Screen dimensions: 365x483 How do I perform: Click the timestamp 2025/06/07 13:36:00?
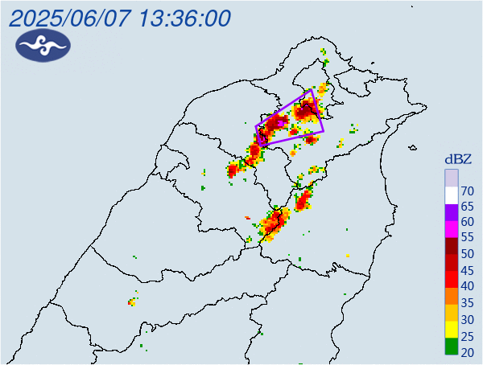[121, 18]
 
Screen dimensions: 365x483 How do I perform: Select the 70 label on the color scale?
[467, 191]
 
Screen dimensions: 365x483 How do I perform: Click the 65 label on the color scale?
[467, 207]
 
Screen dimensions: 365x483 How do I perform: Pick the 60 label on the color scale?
[467, 222]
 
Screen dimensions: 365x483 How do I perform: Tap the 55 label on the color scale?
[467, 238]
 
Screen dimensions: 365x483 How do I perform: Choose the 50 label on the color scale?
[467, 254]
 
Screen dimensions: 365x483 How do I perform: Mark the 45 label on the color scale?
[467, 270]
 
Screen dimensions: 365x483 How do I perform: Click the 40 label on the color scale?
[467, 286]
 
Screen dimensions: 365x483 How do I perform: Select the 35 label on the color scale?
[467, 303]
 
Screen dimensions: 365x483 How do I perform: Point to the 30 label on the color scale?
[467, 319]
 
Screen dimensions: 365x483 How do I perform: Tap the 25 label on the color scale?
[467, 335]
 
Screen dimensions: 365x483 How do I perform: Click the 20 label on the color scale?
[467, 351]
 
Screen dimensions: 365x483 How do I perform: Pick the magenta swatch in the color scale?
[452, 229]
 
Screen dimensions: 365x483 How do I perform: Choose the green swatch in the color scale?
[452, 347]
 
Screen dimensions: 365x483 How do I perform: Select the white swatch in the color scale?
[452, 195]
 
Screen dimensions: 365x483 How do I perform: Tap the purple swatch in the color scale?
[452, 212]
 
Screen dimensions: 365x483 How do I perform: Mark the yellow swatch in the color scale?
[452, 328]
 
